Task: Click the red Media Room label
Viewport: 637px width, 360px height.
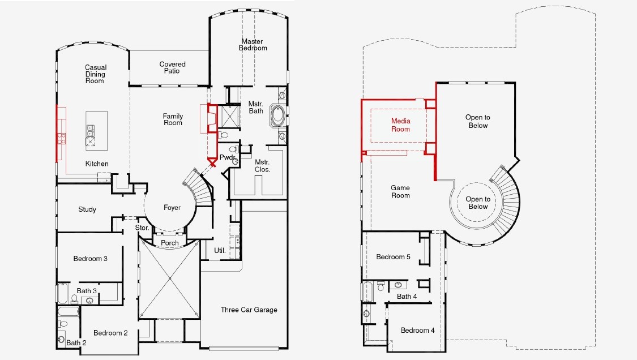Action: coord(400,125)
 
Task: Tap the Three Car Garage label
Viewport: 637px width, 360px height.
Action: coord(249,310)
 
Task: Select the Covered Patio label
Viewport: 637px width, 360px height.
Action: coord(172,67)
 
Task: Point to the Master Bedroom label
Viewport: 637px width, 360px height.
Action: coord(253,45)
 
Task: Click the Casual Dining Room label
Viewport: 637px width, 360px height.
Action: coord(96,74)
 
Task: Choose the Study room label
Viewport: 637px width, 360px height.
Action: coord(87,209)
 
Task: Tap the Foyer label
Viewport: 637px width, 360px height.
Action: coord(172,208)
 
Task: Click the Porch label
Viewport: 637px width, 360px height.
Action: coord(170,243)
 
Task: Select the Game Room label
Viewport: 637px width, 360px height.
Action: coord(400,191)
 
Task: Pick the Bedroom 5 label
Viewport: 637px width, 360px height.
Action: coord(394,257)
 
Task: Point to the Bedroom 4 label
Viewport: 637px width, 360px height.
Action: coord(418,331)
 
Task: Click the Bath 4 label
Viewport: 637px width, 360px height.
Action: coord(407,297)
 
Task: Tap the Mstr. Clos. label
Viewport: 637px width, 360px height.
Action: coord(262,166)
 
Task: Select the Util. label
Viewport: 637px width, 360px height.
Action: coord(220,251)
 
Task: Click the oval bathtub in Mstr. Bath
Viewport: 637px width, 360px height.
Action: coord(278,115)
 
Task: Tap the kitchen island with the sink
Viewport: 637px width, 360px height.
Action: coord(97,131)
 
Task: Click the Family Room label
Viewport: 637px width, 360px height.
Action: coord(173,119)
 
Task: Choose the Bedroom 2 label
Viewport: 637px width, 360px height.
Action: coord(110,333)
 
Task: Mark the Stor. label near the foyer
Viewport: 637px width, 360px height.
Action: coord(142,228)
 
